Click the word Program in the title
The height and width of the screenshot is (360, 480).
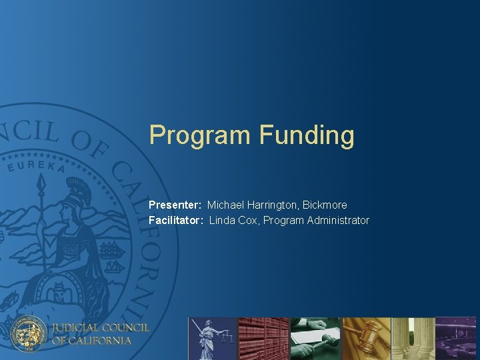[200, 135]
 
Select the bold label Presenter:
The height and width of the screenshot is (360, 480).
[175, 205]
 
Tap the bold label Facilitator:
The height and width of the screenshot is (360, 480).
[176, 220]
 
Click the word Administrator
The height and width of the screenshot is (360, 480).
[338, 220]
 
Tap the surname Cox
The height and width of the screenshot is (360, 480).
[248, 220]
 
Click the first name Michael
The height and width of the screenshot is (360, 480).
[226, 205]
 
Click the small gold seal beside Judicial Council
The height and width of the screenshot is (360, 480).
[30, 332]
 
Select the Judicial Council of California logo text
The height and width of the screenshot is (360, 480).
[101, 333]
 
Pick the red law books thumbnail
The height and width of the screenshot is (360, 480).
[263, 338]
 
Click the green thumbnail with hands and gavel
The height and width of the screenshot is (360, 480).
[315, 338]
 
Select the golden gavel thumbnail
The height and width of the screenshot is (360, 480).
[366, 338]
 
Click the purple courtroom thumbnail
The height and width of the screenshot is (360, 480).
[456, 338]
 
